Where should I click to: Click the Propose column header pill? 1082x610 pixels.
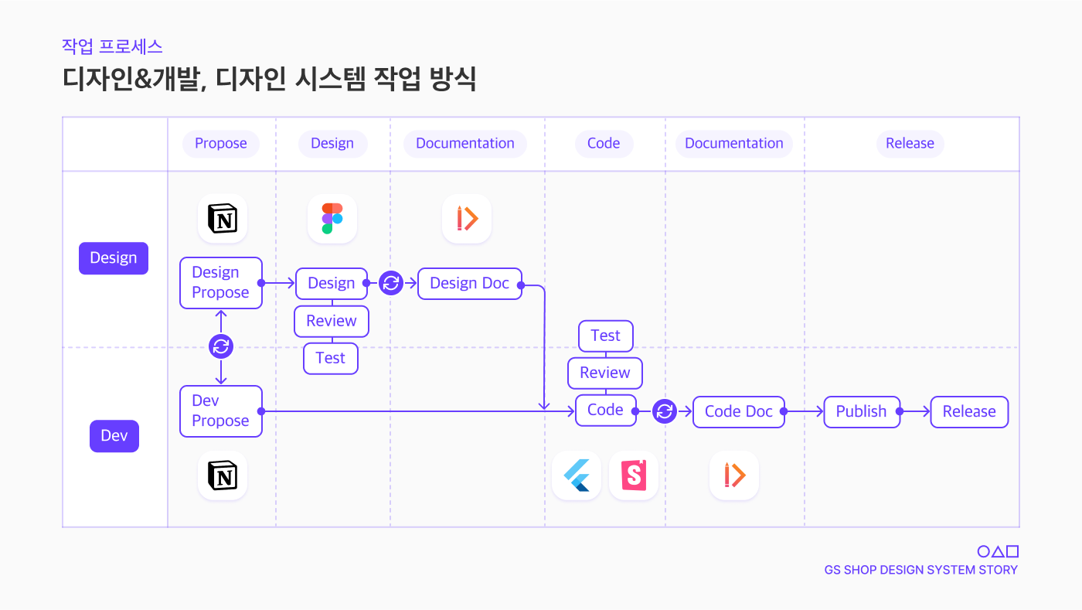pos(221,144)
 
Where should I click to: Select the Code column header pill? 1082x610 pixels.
pos(604,144)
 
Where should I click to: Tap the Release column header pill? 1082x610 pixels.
pos(910,144)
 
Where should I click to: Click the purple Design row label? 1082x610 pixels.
pos(114,258)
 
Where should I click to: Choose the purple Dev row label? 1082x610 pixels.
pos(114,436)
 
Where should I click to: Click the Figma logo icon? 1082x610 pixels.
pos(332,219)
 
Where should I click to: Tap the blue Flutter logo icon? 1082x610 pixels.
pos(577,475)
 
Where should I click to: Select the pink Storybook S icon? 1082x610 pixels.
pos(634,475)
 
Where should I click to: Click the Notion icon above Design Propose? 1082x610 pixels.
pos(223,219)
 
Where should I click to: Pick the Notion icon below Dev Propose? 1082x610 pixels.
pos(223,475)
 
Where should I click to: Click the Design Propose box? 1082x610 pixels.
pos(221,283)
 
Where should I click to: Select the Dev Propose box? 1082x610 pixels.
pos(221,411)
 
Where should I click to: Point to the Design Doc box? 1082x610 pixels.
pos(470,284)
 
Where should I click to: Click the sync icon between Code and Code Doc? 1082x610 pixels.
pos(665,411)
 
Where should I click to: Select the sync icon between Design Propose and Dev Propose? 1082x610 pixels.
pos(221,346)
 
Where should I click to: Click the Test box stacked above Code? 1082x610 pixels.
pos(606,336)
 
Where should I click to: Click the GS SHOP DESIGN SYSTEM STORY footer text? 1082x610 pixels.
pos(921,571)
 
